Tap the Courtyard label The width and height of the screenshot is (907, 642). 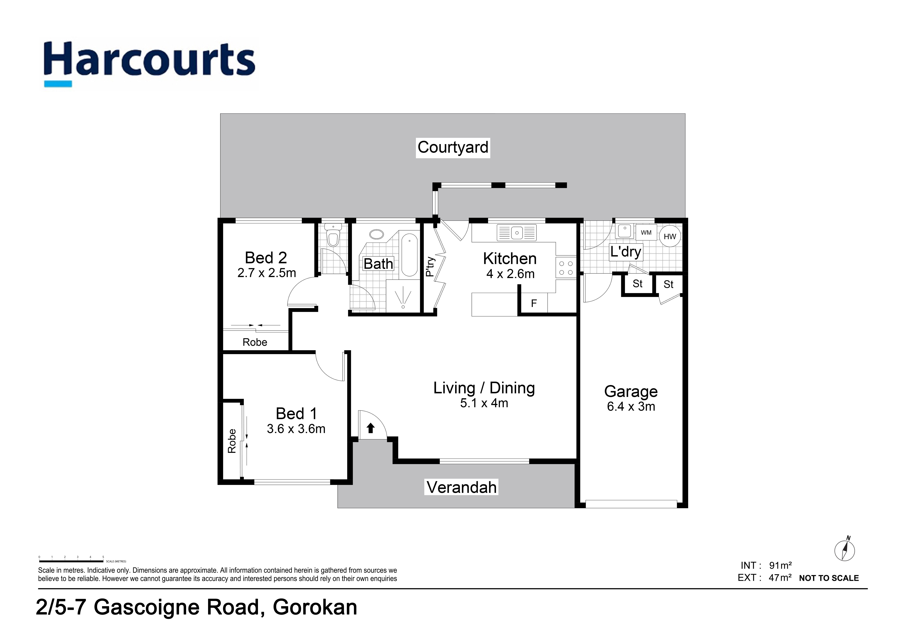(453, 148)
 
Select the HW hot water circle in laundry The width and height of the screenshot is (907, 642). (670, 236)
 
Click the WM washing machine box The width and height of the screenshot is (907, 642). (646, 232)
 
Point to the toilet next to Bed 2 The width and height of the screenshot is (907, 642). (333, 236)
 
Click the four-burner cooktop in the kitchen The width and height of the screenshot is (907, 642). (566, 268)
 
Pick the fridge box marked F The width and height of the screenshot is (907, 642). (534, 303)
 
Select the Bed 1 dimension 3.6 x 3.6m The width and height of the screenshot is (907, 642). (296, 429)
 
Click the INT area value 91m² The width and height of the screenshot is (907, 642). (780, 565)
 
